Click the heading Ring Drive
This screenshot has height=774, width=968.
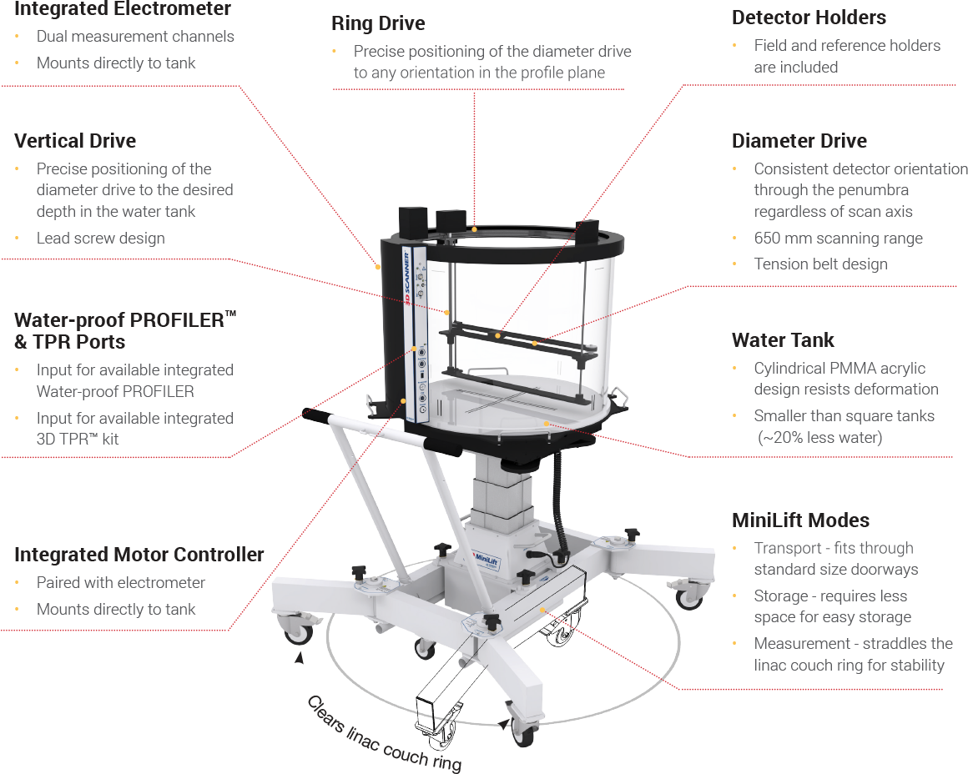pyautogui.click(x=378, y=23)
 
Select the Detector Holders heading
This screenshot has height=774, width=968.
pyautogui.click(x=809, y=18)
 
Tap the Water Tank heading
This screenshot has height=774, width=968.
pyautogui.click(x=783, y=340)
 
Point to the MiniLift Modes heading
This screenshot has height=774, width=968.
pyautogui.click(x=801, y=520)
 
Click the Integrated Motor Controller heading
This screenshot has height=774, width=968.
pyautogui.click(x=139, y=555)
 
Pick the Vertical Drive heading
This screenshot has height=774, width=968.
pyautogui.click(x=75, y=141)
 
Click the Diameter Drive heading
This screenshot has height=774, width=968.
pyautogui.click(x=799, y=141)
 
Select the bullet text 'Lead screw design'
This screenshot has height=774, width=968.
pyautogui.click(x=101, y=239)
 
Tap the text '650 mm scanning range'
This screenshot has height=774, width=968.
pyautogui.click(x=839, y=239)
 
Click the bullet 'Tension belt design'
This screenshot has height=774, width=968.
pyautogui.click(x=820, y=264)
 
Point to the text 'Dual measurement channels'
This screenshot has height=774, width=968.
pyautogui.click(x=135, y=37)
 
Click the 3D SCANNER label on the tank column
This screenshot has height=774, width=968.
pyautogui.click(x=407, y=279)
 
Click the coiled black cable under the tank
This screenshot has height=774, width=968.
pyautogui.click(x=561, y=507)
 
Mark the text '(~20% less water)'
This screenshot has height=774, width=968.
pyautogui.click(x=819, y=438)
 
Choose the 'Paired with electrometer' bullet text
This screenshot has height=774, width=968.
pyautogui.click(x=120, y=583)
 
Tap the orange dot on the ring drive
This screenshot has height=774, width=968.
pyautogui.click(x=474, y=229)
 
